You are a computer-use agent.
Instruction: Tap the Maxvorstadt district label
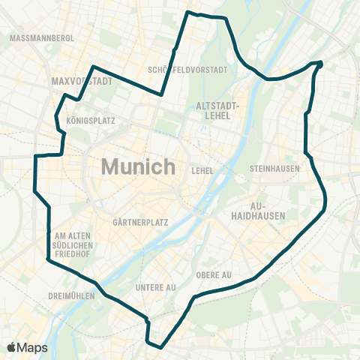coord(82,80)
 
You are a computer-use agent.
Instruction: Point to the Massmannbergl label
coord(42,37)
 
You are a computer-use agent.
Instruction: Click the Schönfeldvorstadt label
coord(187,70)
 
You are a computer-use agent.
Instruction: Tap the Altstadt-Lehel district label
coord(216,111)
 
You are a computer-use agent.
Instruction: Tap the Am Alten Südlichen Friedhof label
coord(73,245)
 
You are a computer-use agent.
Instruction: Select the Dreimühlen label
coord(70,295)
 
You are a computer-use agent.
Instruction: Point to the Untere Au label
coord(155,287)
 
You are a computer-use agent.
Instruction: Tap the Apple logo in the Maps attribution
coord(11,347)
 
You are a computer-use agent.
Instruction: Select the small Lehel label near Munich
coord(202,171)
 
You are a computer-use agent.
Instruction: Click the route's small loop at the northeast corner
coord(319,64)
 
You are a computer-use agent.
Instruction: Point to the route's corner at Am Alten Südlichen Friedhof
coord(48,259)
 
